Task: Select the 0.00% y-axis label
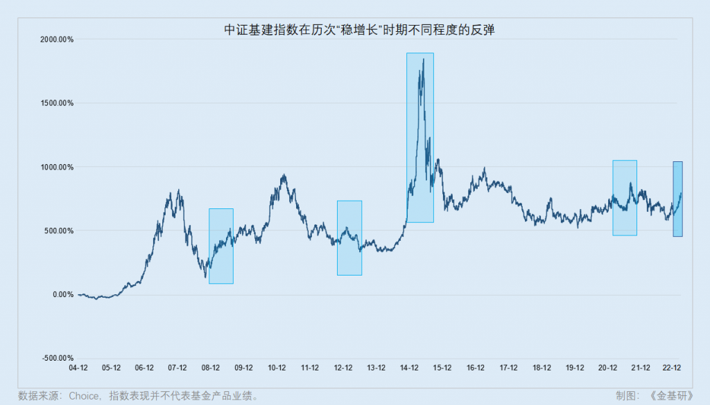(x=62, y=295)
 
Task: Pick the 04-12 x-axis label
(x=78, y=368)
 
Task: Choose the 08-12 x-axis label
(x=211, y=368)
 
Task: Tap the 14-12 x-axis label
(x=410, y=368)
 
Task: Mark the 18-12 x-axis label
(x=542, y=368)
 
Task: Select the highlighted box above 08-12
(x=221, y=246)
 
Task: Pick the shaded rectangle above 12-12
(x=349, y=237)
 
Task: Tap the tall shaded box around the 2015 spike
(x=420, y=137)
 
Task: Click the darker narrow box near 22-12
(x=677, y=199)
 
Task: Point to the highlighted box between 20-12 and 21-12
(x=625, y=197)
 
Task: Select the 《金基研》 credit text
(x=671, y=396)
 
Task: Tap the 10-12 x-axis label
(x=277, y=368)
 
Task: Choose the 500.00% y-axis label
(x=58, y=231)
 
